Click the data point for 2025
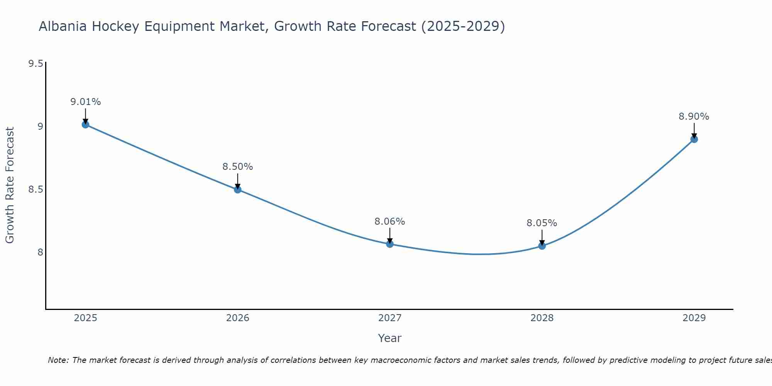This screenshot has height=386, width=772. point(85,124)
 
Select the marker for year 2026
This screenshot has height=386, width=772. point(237,189)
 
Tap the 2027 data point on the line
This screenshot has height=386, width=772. point(389,244)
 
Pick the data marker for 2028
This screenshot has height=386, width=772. point(542,246)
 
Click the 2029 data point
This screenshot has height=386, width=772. point(694,139)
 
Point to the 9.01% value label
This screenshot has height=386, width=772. point(85,102)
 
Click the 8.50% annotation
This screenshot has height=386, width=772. point(237,167)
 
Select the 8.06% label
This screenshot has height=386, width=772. point(389,222)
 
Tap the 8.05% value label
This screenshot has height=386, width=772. point(542,223)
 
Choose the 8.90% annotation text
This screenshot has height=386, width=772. point(694,117)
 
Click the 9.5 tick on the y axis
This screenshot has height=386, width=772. point(36,64)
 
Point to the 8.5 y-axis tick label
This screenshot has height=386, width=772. point(36,190)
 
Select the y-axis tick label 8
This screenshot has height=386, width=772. point(40,252)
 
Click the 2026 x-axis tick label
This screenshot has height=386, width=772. point(237,318)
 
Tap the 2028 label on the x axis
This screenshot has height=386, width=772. point(542,318)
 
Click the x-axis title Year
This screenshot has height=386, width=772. point(389,338)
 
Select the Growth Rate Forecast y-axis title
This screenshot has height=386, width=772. point(10,185)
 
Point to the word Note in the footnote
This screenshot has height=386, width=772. point(58,360)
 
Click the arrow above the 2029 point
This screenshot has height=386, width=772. point(694,130)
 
